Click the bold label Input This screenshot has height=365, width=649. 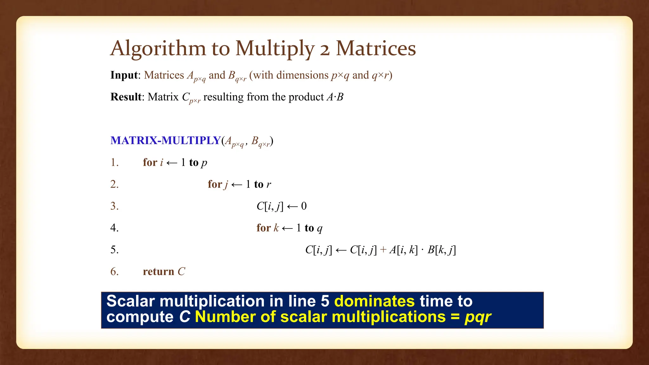point(124,75)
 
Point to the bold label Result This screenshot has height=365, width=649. point(126,97)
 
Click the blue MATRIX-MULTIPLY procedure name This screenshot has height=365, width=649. point(165,140)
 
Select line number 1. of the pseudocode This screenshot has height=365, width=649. point(114,163)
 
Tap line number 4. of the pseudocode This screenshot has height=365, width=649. point(114,228)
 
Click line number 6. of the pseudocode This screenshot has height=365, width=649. point(114,272)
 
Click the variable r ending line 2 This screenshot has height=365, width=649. point(269,185)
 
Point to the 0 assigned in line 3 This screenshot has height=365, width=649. point(304,206)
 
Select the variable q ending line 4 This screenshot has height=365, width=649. point(319,229)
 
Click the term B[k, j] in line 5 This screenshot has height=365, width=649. point(441,250)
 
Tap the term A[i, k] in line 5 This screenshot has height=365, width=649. point(403,250)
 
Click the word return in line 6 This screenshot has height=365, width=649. point(158,272)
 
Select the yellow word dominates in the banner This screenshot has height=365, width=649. point(374,301)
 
